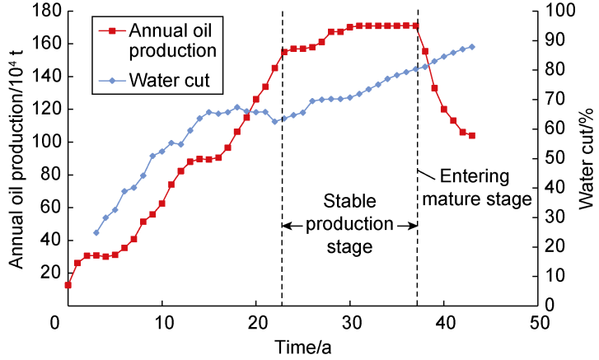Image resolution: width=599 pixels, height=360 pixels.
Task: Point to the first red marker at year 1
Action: (x=68, y=285)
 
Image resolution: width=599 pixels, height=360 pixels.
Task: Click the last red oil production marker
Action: (x=472, y=135)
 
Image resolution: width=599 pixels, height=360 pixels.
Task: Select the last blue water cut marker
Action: (x=472, y=47)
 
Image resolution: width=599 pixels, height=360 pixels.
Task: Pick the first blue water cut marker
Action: (x=96, y=232)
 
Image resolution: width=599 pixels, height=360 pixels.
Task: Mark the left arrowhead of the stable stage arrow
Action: (x=285, y=223)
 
